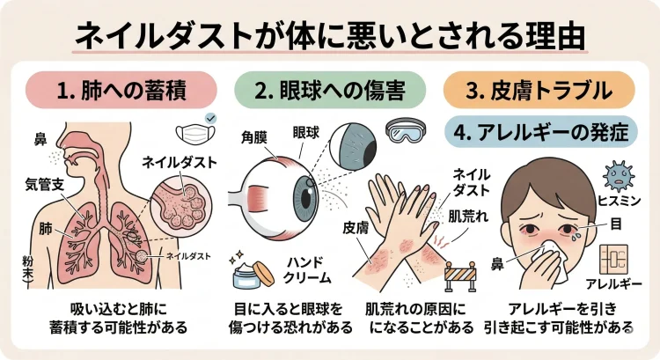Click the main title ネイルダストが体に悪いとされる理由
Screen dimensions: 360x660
[x=330, y=33]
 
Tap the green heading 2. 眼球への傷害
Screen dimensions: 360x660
[x=329, y=89]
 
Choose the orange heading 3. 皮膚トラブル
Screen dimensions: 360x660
[x=538, y=89]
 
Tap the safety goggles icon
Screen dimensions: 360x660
[x=408, y=132]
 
